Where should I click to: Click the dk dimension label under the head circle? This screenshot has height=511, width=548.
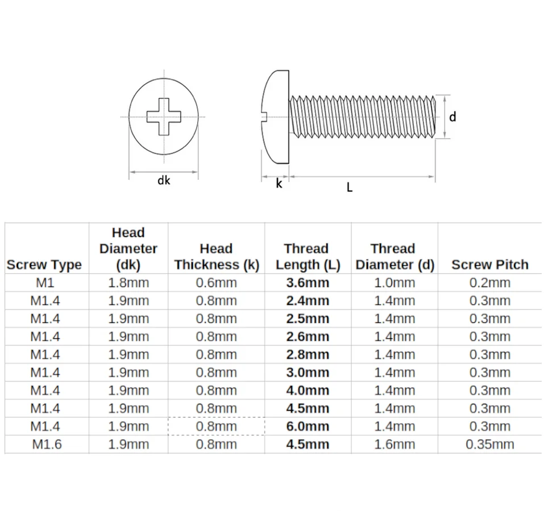point(164,180)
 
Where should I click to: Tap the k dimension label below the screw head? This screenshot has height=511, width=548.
point(279,183)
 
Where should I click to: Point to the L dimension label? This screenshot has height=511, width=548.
point(350,187)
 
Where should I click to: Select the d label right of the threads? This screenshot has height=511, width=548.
point(452,117)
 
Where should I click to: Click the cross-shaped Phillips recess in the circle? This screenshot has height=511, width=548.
point(164,117)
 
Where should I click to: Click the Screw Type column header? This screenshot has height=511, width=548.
point(44,265)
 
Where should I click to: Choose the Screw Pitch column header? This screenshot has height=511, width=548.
point(489,265)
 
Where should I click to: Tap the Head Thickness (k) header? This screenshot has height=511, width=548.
point(217,257)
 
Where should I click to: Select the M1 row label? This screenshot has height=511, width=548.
point(45,283)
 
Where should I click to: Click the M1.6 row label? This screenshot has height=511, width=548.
point(47,444)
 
